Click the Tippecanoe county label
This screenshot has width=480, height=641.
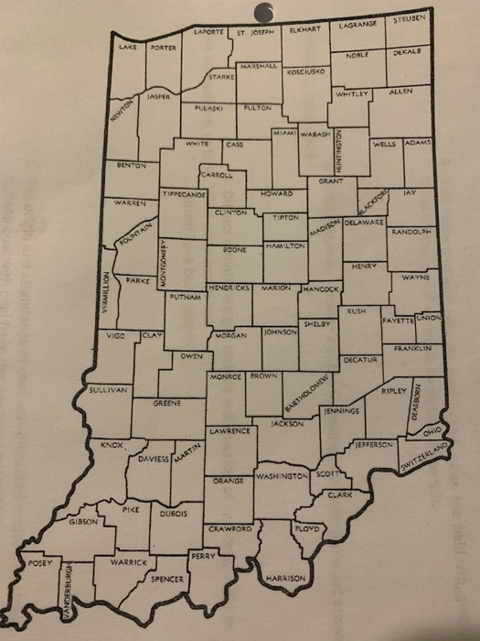[183, 194]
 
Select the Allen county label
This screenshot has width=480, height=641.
[400, 92]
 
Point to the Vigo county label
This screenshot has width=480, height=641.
[116, 336]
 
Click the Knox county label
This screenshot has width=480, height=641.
[112, 444]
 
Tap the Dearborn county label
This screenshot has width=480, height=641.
[416, 400]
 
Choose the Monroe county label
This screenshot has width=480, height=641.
[224, 376]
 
